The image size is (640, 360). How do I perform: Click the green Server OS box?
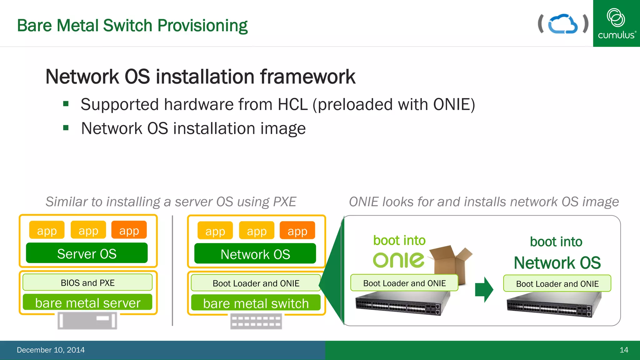tap(87, 253)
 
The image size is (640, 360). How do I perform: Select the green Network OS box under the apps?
tap(255, 254)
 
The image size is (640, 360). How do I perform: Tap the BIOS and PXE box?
tap(87, 282)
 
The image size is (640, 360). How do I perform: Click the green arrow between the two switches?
tap(484, 289)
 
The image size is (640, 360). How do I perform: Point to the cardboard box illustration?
tap(450, 262)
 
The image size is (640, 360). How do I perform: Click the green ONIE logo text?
tap(399, 260)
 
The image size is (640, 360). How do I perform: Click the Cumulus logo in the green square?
tap(616, 23)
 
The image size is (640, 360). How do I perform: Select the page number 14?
tap(624, 350)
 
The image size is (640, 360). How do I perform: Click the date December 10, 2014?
tap(51, 350)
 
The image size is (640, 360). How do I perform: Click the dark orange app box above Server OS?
tap(129, 230)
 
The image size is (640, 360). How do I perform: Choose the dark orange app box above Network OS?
tap(297, 231)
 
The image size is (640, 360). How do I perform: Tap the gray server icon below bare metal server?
tap(87, 321)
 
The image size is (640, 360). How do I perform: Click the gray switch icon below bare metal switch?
tap(256, 322)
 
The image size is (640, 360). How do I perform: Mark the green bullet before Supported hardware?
tap(66, 104)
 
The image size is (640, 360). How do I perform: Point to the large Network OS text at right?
tap(557, 262)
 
